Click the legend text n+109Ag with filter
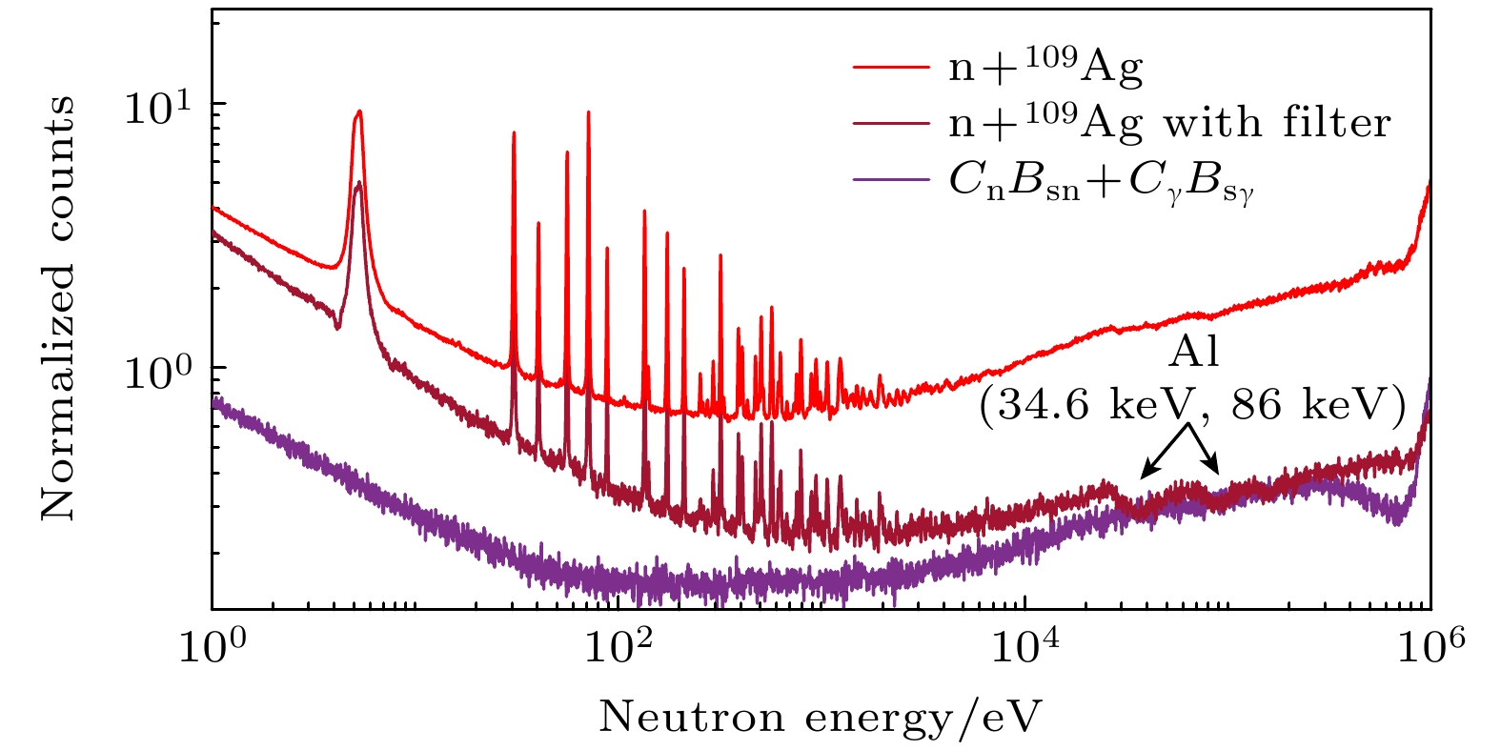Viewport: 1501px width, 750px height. coord(1170,123)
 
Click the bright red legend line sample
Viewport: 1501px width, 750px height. coord(890,68)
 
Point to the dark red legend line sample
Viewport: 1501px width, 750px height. coord(890,124)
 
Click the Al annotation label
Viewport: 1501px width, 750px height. coord(1194,354)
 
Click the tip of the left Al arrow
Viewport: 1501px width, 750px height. coord(1142,476)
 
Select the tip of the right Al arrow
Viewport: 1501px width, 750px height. coord(1219,473)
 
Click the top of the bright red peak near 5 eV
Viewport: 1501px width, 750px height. coord(358,111)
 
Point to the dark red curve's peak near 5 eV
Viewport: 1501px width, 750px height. coord(358,182)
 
